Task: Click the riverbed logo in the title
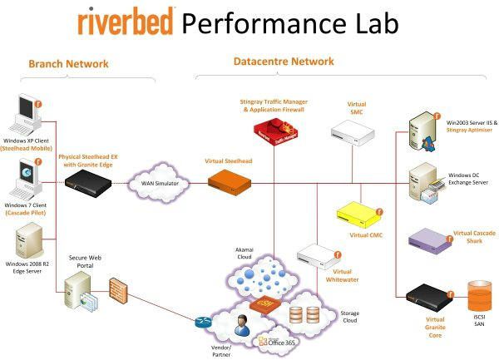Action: click(126, 22)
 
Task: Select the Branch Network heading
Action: click(68, 63)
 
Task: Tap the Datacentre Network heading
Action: click(284, 62)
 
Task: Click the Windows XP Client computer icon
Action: click(25, 116)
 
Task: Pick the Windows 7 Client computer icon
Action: click(26, 175)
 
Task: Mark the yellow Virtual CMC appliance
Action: click(358, 214)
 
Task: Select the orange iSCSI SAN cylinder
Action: click(481, 298)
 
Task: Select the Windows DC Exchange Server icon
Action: click(424, 184)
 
